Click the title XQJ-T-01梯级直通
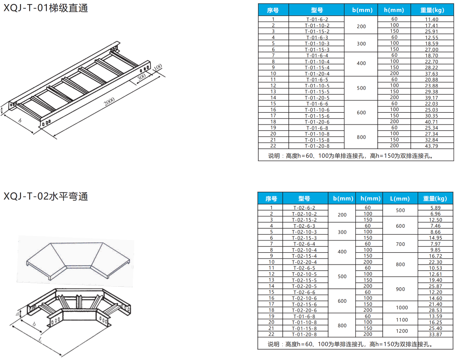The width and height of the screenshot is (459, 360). [46, 8]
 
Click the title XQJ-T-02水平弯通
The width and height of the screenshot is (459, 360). [46, 196]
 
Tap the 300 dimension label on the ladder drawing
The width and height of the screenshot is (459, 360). [141, 77]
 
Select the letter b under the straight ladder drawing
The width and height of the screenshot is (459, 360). [20, 121]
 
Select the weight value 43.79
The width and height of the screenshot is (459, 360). [431, 146]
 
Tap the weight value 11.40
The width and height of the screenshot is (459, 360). [431, 19]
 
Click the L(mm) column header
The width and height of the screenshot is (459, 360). [400, 198]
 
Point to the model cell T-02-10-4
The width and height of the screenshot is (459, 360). [304, 250]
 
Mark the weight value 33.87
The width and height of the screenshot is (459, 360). [435, 335]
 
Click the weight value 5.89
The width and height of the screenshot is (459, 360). [435, 208]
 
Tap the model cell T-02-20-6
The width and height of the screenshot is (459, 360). [304, 310]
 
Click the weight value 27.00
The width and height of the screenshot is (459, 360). [431, 50]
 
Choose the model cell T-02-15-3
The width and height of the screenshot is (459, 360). [304, 238]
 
